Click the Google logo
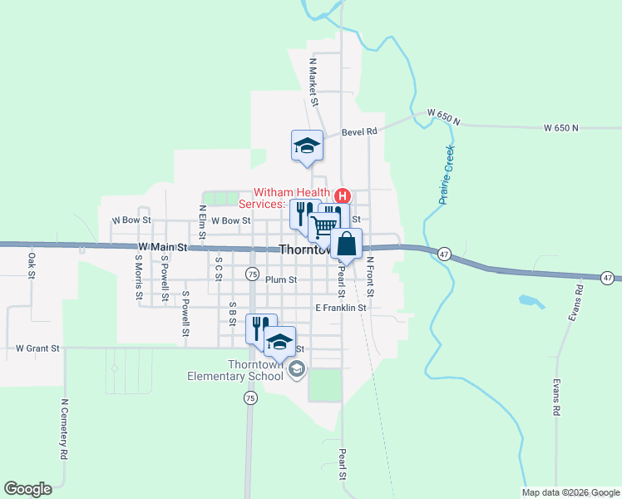(27, 489)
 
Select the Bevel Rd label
(359, 131)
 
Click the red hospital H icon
(342, 196)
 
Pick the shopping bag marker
(347, 245)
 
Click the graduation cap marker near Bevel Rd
(306, 146)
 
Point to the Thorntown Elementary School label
(237, 370)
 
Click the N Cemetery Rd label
(64, 429)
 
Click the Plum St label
(281, 280)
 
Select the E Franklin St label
(341, 308)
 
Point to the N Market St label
(314, 82)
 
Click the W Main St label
(160, 246)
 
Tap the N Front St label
(370, 277)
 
